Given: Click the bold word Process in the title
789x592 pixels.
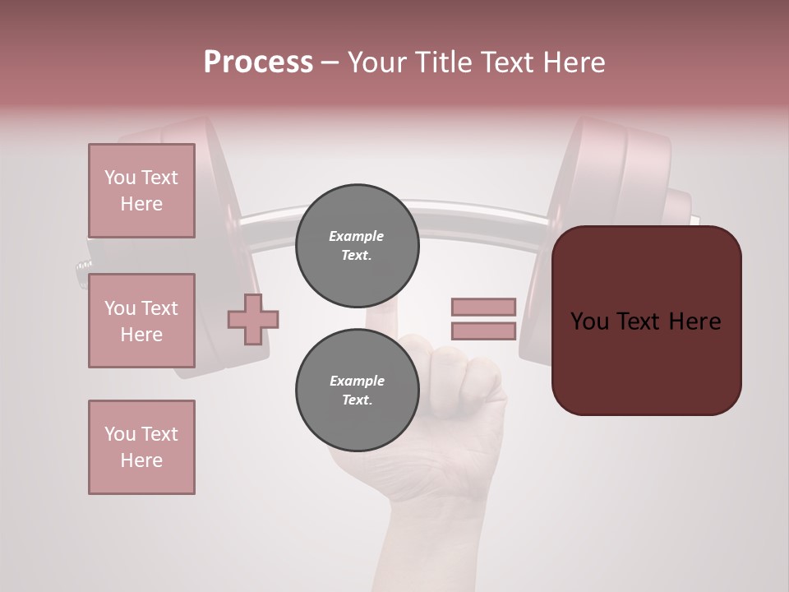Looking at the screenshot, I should pyautogui.click(x=258, y=62).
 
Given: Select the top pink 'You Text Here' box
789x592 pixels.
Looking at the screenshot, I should pyautogui.click(x=141, y=191).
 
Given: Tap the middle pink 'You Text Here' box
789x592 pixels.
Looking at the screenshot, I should pyautogui.click(x=141, y=321).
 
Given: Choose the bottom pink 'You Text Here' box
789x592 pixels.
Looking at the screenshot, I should pyautogui.click(x=141, y=447).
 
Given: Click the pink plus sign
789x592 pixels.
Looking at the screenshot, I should pyautogui.click(x=253, y=319).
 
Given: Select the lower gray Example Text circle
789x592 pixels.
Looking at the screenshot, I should pyautogui.click(x=357, y=391).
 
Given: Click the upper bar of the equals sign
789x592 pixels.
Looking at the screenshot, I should pyautogui.click(x=483, y=308).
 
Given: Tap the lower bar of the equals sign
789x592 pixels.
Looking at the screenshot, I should pyautogui.click(x=483, y=331).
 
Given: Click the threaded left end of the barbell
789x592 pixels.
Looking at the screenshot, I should pyautogui.click(x=83, y=266).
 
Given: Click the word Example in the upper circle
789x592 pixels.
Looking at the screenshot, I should pyautogui.click(x=357, y=237).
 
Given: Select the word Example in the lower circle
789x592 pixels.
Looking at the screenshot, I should pyautogui.click(x=357, y=382).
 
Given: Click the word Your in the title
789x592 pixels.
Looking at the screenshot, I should pyautogui.click(x=376, y=62).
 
